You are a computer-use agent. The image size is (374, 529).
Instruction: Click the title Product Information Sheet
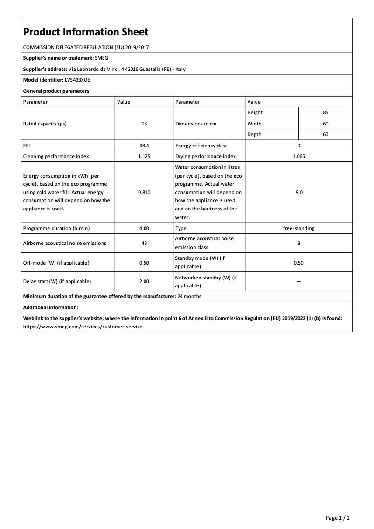(x=86, y=32)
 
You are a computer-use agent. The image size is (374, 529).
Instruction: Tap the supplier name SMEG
(x=102, y=58)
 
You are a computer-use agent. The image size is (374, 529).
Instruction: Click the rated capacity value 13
(x=144, y=124)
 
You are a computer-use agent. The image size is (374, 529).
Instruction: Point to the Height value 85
(x=326, y=112)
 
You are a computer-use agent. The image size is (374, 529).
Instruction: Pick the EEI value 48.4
(x=144, y=146)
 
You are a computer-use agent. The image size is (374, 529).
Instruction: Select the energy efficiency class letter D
(x=298, y=146)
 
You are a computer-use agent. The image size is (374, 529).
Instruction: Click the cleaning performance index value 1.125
(x=144, y=156)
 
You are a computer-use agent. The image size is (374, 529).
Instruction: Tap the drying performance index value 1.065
(x=298, y=156)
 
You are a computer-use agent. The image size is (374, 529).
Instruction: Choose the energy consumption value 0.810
(x=144, y=192)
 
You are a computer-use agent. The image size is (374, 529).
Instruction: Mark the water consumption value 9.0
(x=298, y=192)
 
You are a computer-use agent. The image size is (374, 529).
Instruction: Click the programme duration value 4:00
(x=144, y=228)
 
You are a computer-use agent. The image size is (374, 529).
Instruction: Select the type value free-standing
(x=298, y=228)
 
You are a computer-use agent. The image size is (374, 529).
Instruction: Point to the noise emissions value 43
(x=144, y=243)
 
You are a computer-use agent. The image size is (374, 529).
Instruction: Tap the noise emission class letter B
(x=298, y=243)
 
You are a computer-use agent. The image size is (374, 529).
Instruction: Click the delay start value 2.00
(x=144, y=281)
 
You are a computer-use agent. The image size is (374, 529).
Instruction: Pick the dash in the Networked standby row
(x=298, y=281)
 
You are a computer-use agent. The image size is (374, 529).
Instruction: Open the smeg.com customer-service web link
(x=83, y=327)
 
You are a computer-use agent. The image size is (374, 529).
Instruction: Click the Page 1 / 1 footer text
(x=338, y=518)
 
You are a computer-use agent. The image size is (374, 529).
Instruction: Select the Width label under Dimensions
(x=254, y=124)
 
